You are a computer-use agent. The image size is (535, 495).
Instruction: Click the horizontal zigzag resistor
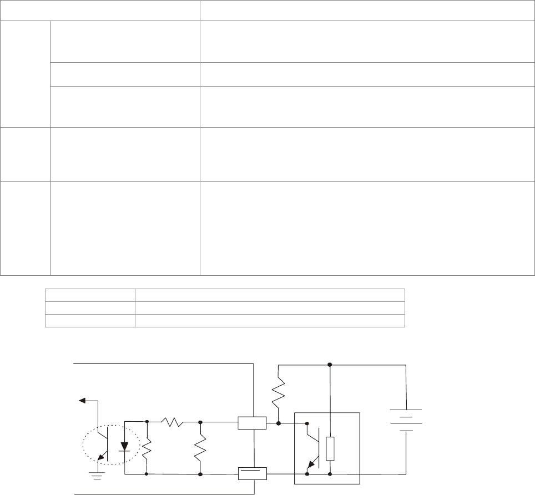173,422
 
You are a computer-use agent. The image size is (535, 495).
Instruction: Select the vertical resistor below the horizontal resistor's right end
199,448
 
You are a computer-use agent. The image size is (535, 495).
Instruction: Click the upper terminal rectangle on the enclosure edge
252,423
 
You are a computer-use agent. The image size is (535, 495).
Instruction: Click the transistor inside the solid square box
312,448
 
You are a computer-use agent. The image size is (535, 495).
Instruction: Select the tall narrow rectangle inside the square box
330,448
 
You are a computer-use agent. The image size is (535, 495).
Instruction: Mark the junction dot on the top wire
330,365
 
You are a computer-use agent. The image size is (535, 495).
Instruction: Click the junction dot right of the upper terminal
278,423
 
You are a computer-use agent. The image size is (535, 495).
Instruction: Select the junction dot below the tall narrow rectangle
330,474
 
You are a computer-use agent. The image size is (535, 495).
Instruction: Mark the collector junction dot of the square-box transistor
307,423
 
